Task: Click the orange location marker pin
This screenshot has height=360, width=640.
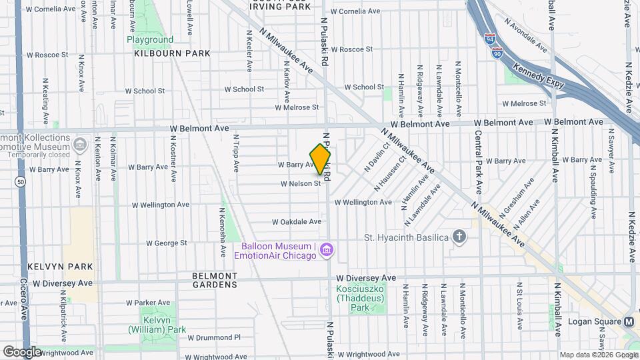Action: point(321,159)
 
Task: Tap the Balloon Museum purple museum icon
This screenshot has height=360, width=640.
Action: point(327,250)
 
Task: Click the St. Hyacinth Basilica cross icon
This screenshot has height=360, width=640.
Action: point(459,237)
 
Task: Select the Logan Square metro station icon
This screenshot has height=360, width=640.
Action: point(629,321)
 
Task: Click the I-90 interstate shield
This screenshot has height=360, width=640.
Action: point(497,53)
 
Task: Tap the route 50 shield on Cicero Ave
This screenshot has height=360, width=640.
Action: point(22,181)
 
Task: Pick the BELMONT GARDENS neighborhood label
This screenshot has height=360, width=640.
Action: point(215,280)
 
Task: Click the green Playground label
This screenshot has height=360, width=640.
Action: point(150,40)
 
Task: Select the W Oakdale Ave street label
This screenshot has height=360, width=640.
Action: point(297,222)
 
